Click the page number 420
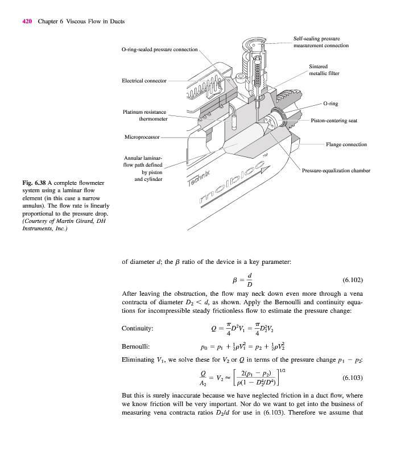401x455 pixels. pyautogui.click(x=26, y=22)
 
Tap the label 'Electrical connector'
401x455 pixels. pyautogui.click(x=144, y=81)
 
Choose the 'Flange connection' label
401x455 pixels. pyautogui.click(x=346, y=144)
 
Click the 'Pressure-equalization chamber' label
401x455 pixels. pyautogui.click(x=336, y=171)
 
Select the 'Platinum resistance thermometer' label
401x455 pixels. pyautogui.click(x=145, y=115)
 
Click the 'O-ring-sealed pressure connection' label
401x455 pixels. pyautogui.click(x=160, y=49)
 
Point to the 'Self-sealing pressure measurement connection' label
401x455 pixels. pyautogui.click(x=321, y=42)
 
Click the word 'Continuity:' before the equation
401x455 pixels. pyautogui.click(x=138, y=328)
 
